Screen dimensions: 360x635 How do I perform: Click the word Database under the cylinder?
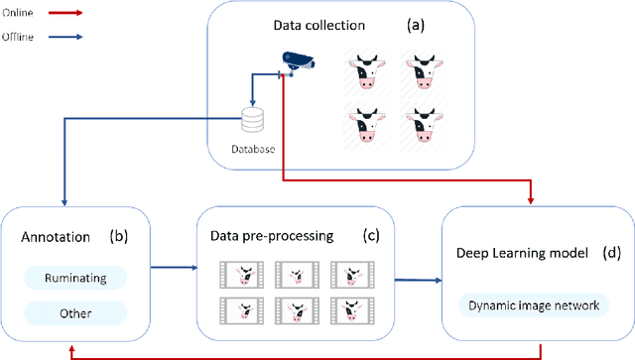point(255,150)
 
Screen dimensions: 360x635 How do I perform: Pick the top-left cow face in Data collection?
point(365,72)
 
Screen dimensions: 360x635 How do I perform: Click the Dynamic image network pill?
point(535,305)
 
